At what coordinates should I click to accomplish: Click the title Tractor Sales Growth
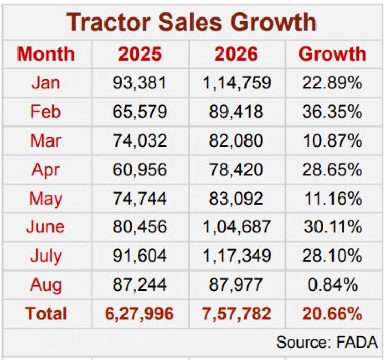[191, 23]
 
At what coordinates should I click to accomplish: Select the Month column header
[46, 54]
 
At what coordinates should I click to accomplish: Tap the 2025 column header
[140, 54]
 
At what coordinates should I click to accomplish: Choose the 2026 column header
[236, 54]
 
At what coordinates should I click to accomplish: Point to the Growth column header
[332, 54]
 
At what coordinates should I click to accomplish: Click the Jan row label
[46, 83]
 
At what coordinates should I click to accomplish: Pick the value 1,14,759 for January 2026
[237, 83]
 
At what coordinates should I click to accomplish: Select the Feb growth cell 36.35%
[332, 112]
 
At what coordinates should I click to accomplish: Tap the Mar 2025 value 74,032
[140, 141]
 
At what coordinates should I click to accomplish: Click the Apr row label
[46, 170]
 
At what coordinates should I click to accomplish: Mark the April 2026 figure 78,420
[236, 170]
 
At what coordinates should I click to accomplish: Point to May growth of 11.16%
[334, 199]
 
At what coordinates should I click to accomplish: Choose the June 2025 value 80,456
[140, 227]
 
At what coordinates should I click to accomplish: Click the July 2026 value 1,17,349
[237, 256]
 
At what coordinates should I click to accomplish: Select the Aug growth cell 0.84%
[333, 285]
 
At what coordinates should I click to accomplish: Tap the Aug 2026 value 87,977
[236, 285]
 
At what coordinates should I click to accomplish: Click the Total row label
[46, 314]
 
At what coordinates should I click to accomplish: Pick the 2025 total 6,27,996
[139, 314]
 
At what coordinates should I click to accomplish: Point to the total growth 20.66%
[332, 314]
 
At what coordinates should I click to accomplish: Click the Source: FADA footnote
[327, 342]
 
